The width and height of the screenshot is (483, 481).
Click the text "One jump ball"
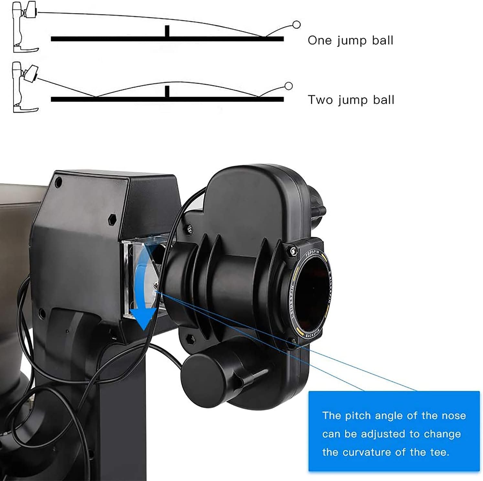point(350,41)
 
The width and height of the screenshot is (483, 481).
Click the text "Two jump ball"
point(351,100)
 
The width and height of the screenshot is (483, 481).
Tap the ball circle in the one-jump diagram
point(296,25)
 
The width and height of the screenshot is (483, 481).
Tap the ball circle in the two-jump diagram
point(289,86)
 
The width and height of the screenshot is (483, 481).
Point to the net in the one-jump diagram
point(167,31)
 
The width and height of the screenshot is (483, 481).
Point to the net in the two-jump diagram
point(167,91)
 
